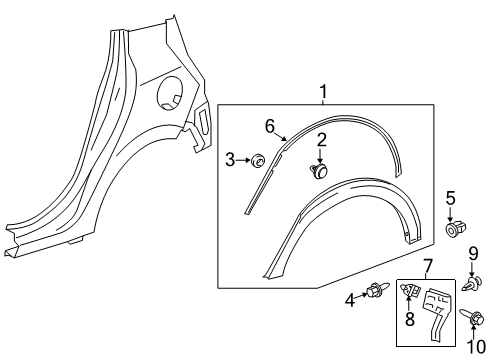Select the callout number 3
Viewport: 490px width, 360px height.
point(229,159)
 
